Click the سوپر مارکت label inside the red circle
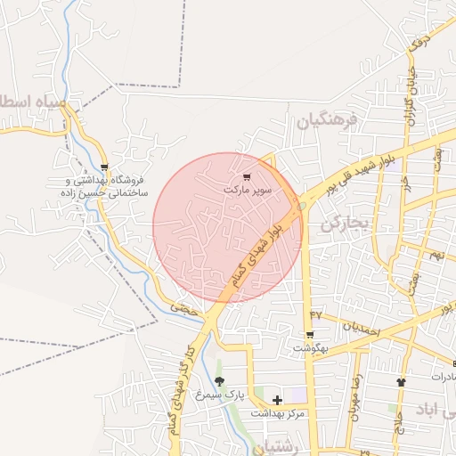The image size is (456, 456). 248,191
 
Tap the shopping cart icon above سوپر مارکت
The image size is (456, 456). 247,177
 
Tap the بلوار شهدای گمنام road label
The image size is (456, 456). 264,253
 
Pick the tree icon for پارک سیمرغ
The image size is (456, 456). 219,381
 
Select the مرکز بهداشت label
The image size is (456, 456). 277,413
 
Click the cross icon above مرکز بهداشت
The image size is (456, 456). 277,400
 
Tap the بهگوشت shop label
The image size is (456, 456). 310,347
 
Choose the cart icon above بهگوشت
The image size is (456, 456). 310,335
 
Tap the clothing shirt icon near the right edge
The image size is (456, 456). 401,381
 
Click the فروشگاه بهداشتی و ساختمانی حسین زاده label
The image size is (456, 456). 104,185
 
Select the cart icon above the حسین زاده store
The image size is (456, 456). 105,167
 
